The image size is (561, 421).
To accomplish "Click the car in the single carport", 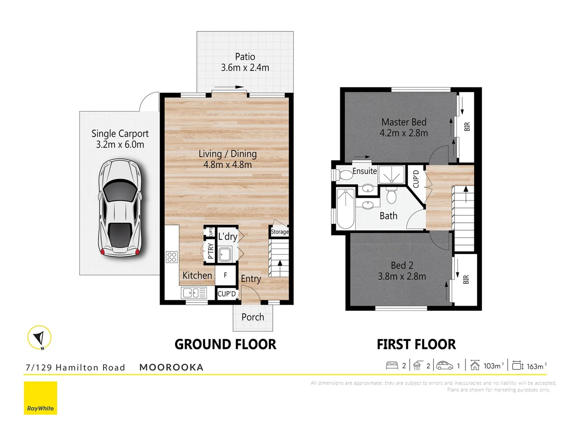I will pos(120,207).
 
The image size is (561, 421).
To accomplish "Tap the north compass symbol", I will pos(39,337).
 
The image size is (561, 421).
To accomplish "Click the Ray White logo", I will pos(41,398).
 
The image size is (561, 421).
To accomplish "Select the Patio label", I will pos(245,57).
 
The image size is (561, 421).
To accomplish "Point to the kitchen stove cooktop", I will pos(172,256).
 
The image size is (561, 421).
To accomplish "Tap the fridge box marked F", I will pos(226,275).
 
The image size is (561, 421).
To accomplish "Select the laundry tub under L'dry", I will pos(225,254).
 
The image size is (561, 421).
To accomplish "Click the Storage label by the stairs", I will pos(279,232).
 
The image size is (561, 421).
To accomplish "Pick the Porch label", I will pos(253,317).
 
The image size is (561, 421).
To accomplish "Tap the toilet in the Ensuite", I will pos(344,175).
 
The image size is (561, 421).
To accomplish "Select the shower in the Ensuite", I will pos(392,174).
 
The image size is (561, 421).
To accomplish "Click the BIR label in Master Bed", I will pos(467,127).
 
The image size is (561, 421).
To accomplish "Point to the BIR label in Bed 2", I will pos(466,279).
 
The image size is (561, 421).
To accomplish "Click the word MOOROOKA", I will pos(171,367).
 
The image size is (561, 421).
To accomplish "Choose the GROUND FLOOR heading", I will pos(225,345).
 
